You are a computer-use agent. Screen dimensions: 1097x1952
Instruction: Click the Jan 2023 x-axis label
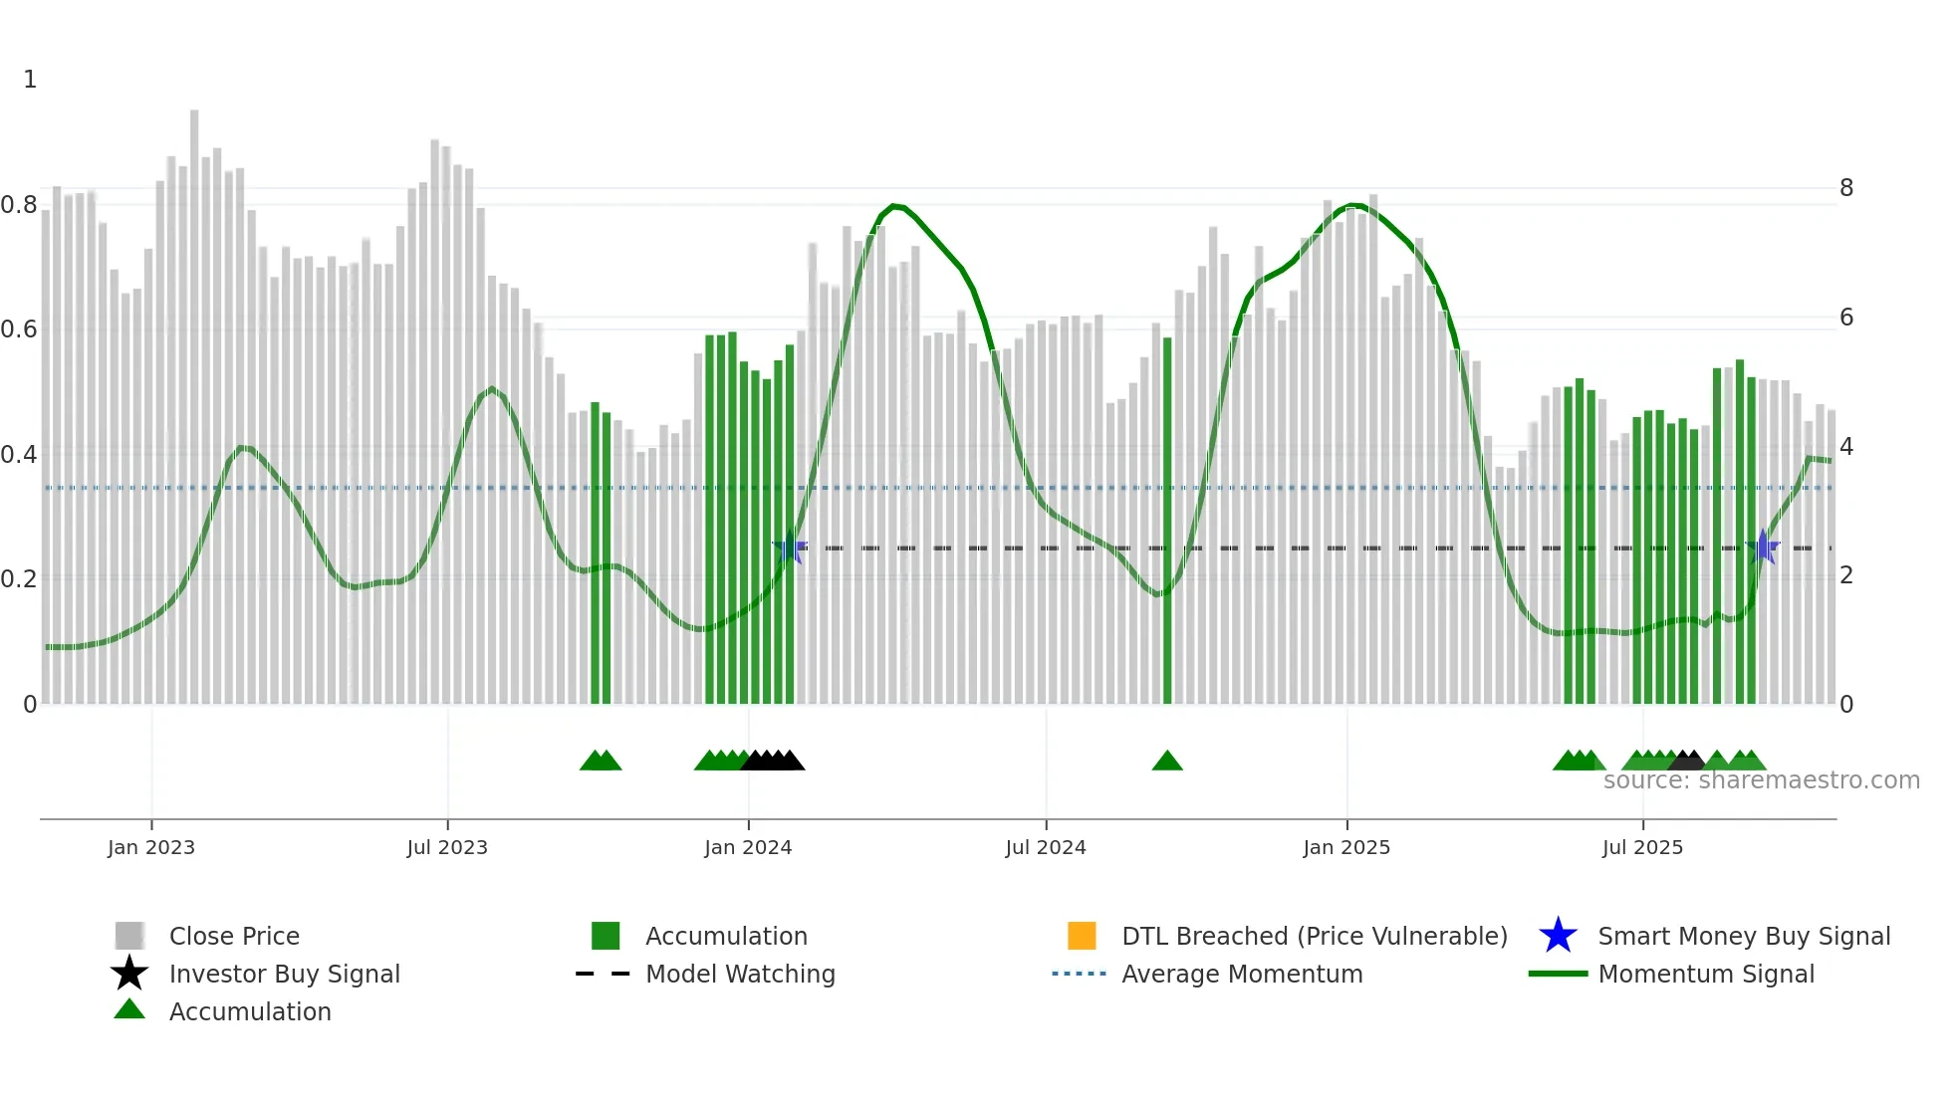pos(151,847)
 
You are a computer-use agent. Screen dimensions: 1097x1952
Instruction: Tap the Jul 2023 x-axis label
pos(447,847)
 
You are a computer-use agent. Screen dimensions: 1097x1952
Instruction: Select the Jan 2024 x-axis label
pos(748,847)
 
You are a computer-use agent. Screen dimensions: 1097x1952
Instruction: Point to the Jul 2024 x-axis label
pos(1046,847)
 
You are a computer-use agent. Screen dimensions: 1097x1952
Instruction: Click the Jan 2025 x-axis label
pos(1346,847)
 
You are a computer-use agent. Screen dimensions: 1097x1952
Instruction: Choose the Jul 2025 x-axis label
pos(1642,847)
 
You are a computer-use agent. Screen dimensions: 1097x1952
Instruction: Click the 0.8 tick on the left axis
pos(19,205)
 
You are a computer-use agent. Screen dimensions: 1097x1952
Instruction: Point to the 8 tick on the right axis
pos(1846,188)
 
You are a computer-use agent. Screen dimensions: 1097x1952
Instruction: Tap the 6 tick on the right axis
pos(1846,318)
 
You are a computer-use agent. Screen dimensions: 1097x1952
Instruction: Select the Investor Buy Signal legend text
pos(285,974)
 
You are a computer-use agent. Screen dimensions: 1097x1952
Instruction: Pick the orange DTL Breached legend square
pos(1082,936)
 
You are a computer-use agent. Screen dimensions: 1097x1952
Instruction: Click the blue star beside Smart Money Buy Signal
pos(1558,936)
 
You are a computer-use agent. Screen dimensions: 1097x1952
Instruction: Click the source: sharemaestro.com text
pos(1762,780)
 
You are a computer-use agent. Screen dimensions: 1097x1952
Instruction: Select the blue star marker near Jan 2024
pos(790,548)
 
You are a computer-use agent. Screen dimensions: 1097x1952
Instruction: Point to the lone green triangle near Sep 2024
pos(1167,762)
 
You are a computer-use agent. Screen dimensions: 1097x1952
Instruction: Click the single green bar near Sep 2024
pos(1167,518)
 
